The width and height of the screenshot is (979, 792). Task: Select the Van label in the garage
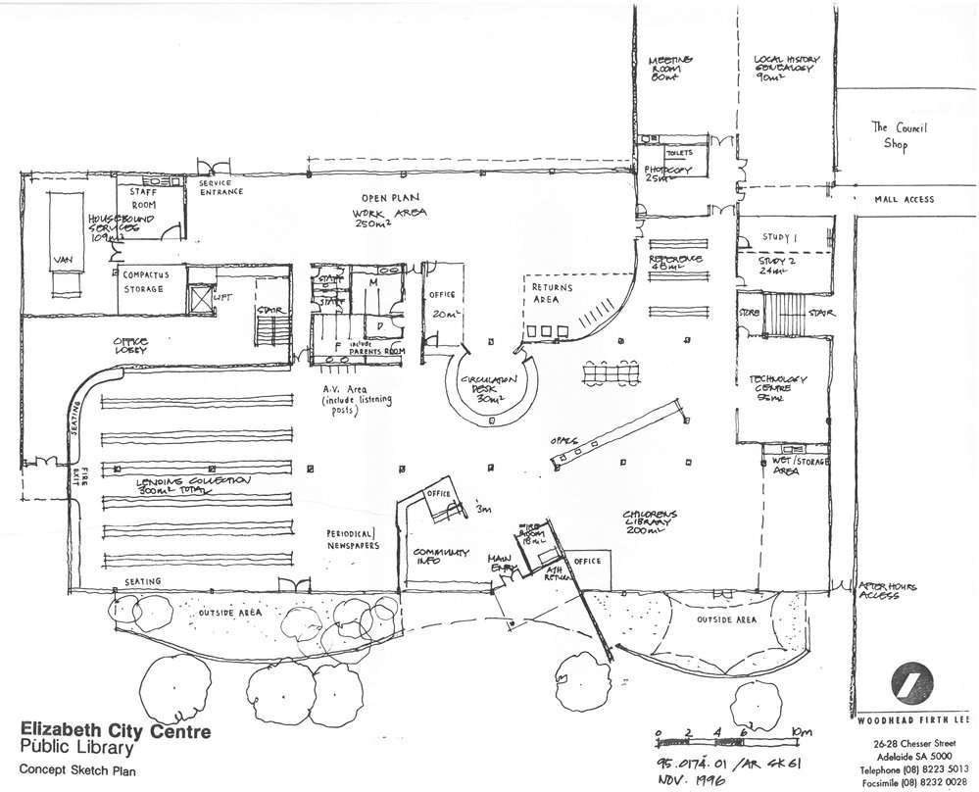pos(67,259)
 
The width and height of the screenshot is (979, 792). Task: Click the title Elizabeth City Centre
pos(113,731)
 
